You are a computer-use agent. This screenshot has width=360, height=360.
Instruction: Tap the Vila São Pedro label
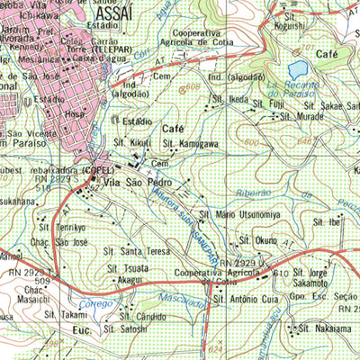tap(136, 184)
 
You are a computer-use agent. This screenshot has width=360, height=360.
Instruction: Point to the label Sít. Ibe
tap(325, 221)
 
